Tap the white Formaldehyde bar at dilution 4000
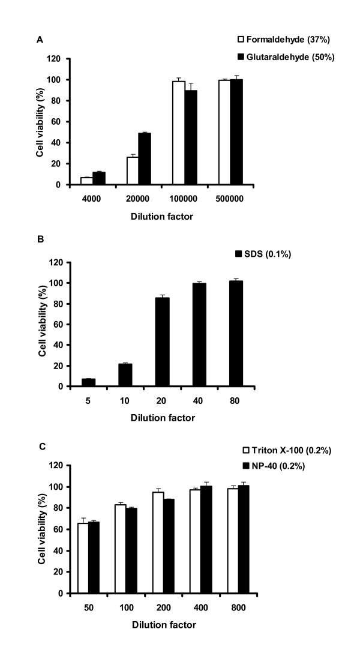(x=86, y=181)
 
